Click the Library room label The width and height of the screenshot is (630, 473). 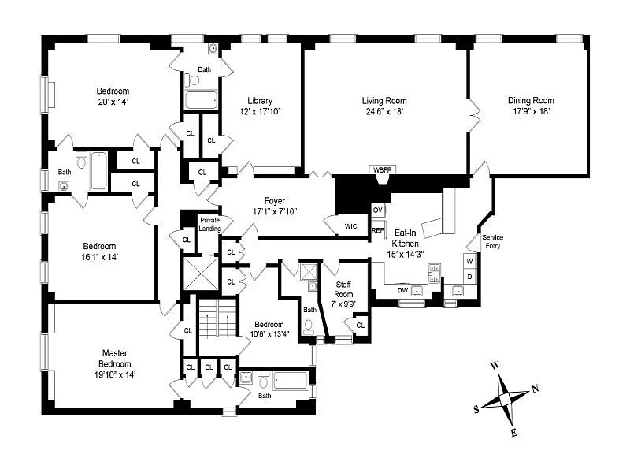click(260, 101)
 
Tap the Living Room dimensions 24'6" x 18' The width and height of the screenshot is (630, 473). click(384, 112)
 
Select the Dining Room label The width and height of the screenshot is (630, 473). click(531, 101)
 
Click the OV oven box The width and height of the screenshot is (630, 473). click(377, 210)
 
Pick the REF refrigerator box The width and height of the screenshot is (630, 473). click(378, 230)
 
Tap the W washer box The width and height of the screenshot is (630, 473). click(469, 261)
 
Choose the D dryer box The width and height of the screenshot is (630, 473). click(469, 277)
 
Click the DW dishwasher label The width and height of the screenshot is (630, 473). click(402, 291)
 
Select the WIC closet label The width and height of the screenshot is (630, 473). click(350, 227)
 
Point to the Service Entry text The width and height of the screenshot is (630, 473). click(492, 242)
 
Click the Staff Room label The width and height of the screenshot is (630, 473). click(343, 289)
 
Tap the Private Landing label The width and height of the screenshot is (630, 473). click(209, 224)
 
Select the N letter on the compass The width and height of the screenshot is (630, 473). click(535, 388)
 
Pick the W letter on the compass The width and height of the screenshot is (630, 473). click(495, 366)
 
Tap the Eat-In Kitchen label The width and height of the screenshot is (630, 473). click(406, 239)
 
